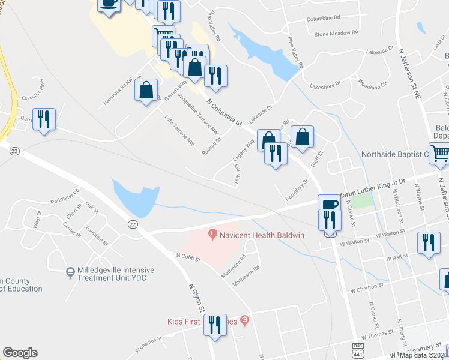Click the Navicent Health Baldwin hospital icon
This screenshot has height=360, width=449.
pyautogui.click(x=211, y=233)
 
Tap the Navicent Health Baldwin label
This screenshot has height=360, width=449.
pyautogui.click(x=253, y=234)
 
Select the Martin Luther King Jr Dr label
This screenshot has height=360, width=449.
pyautogui.click(x=373, y=191)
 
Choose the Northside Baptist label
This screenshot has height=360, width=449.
pyautogui.click(x=393, y=154)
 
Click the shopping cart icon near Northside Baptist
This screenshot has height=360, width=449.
pyautogui.click(x=440, y=154)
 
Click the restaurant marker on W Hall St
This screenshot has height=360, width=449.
pyautogui.click(x=428, y=242)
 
